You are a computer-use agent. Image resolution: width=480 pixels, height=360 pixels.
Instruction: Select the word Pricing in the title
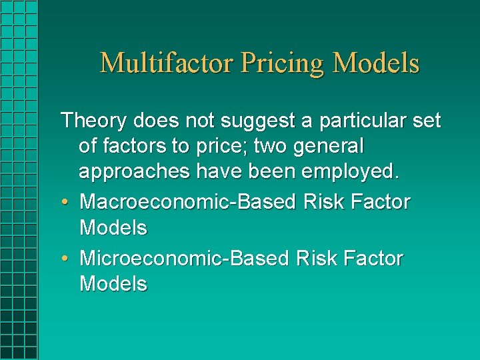point(283,63)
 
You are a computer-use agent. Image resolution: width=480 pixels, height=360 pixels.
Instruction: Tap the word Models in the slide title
point(376,63)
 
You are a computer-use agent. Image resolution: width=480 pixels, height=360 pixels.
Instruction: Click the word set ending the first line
point(425,121)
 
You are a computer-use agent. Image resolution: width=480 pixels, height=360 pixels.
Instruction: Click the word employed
point(351,171)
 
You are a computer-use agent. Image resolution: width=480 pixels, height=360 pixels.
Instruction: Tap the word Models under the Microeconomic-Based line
point(113,284)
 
